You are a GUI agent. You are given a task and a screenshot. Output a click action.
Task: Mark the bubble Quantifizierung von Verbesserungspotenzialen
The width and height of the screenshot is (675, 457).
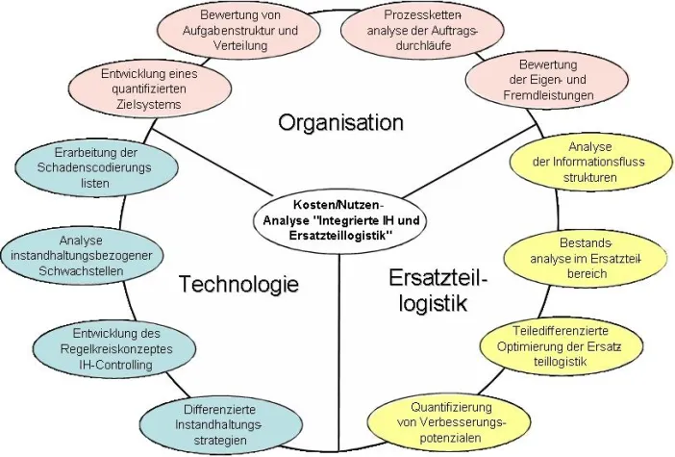pos(451,420)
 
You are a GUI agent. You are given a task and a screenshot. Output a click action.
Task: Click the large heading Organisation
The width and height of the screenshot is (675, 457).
pos(339,122)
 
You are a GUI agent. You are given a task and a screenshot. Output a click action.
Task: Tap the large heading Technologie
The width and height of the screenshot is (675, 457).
pos(238,285)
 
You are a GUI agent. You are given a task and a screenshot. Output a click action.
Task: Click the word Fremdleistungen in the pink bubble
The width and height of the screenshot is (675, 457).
pos(540,96)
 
